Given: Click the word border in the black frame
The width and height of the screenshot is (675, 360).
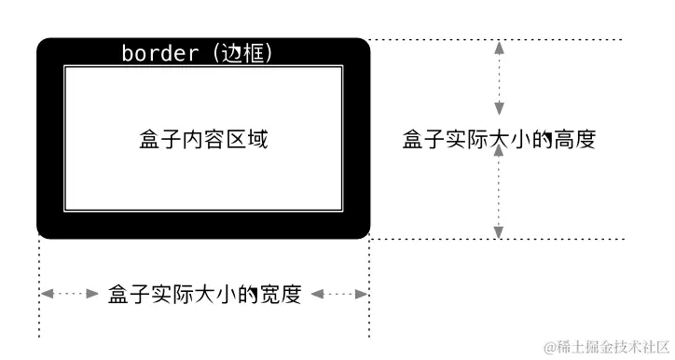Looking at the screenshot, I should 159,54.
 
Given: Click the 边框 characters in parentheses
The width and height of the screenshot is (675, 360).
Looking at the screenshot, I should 243,54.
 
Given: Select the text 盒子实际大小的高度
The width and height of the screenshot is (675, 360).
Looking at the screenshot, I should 499,140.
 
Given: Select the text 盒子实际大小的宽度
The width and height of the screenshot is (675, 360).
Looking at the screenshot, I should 204,294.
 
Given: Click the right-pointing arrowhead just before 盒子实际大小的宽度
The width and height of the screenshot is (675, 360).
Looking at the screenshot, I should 92,294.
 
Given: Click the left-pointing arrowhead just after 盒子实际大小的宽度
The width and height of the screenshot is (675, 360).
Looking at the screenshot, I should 317,294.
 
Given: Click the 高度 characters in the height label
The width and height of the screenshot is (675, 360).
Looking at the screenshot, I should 574,140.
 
